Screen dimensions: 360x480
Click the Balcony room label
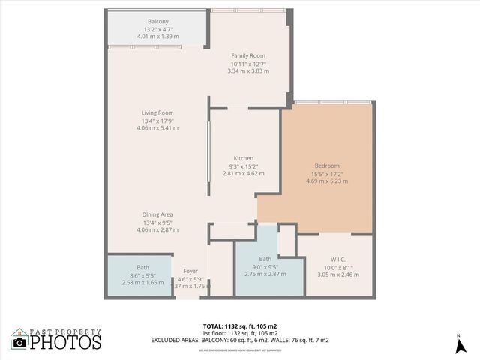(158, 22)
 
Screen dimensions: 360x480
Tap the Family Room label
(247, 56)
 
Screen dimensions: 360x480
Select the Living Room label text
(157, 113)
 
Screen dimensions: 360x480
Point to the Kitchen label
(243, 159)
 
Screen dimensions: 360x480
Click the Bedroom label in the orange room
(327, 166)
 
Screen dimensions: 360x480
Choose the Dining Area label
(157, 215)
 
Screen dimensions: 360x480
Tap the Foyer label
(190, 271)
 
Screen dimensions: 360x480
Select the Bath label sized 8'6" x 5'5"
(142, 267)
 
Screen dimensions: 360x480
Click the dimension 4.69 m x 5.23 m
(327, 181)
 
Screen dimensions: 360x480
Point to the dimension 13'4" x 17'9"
(157, 121)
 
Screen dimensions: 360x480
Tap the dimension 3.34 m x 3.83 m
(247, 71)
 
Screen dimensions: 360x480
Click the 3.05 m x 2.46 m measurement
(329, 275)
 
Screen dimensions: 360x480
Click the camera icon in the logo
(20, 342)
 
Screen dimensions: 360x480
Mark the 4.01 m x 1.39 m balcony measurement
(158, 36)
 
